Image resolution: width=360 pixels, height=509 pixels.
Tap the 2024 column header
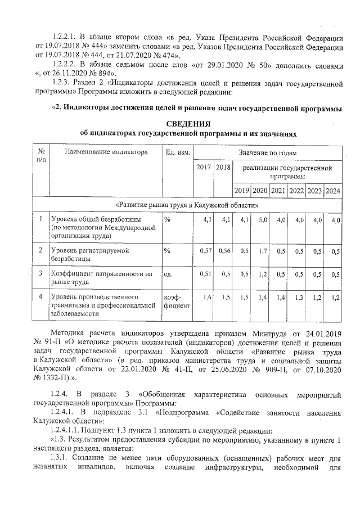pyautogui.click(x=333, y=190)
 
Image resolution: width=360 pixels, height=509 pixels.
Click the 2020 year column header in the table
pyautogui.click(x=259, y=190)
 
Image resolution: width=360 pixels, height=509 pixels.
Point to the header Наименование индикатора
pyautogui.click(x=106, y=152)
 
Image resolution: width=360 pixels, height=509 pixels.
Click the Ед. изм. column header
pyautogui.click(x=178, y=152)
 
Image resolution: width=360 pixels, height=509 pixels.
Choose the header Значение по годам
pyautogui.click(x=268, y=152)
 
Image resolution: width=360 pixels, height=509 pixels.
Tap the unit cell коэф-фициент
pyautogui.click(x=177, y=301)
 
